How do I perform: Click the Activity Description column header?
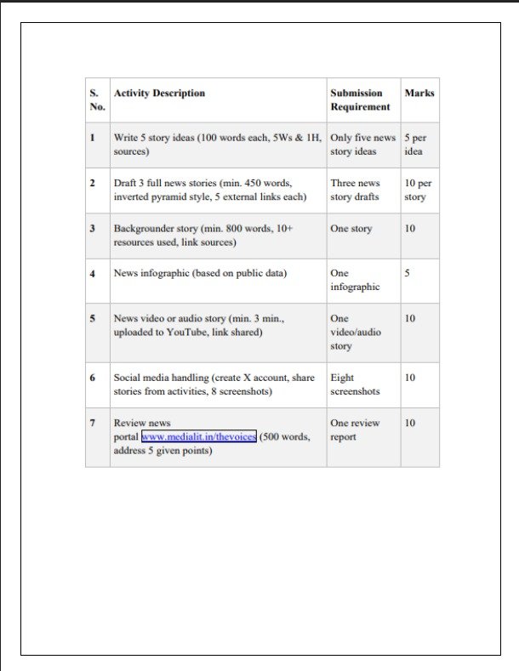tap(159, 94)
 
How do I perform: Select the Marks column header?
tap(419, 94)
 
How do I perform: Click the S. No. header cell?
tap(96, 100)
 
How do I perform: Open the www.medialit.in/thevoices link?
tap(199, 436)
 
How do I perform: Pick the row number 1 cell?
tap(92, 137)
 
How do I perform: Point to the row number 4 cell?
tap(92, 274)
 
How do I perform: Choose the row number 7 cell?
tap(92, 423)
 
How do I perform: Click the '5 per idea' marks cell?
tap(415, 145)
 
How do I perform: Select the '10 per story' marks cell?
tap(418, 190)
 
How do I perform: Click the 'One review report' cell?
tap(355, 429)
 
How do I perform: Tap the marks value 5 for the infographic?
tap(408, 274)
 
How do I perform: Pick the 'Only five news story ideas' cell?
tap(362, 145)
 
